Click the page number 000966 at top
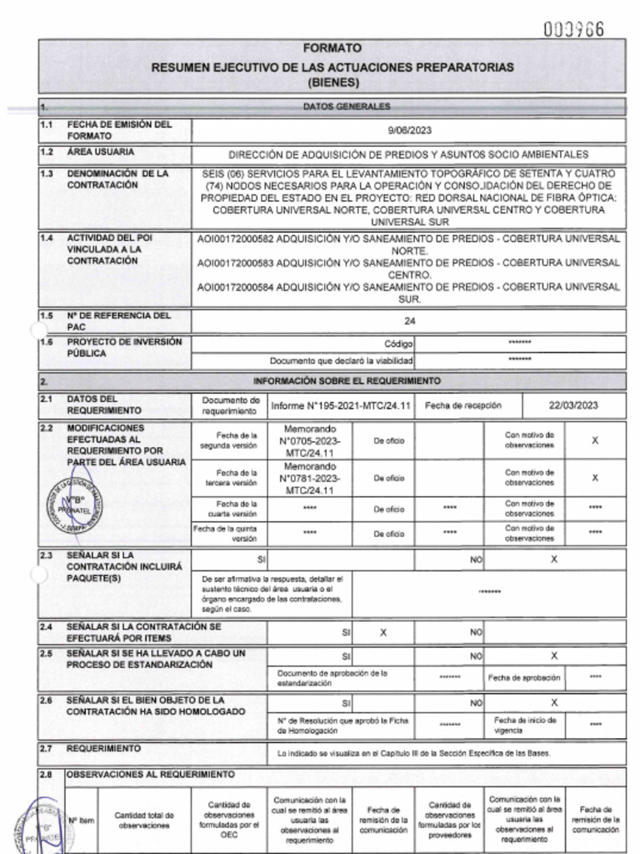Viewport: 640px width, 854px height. coord(574,29)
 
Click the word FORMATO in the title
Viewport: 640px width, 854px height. coord(332,49)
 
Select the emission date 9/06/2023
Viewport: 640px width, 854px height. coord(410,130)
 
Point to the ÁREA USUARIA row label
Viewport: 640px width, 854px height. coord(101,153)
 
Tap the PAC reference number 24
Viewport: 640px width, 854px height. coord(409,320)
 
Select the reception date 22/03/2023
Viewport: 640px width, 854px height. coord(573,405)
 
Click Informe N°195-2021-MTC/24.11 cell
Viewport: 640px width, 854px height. coord(341,405)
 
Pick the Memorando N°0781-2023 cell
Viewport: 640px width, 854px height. coord(310,479)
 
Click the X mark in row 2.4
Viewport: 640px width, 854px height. coord(383,633)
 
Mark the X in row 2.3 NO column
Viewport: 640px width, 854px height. coord(553,560)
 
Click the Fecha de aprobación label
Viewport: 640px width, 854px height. coord(524,677)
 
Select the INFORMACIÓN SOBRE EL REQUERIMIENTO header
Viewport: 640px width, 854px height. coord(347,380)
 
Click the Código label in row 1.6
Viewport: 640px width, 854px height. coord(398,344)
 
